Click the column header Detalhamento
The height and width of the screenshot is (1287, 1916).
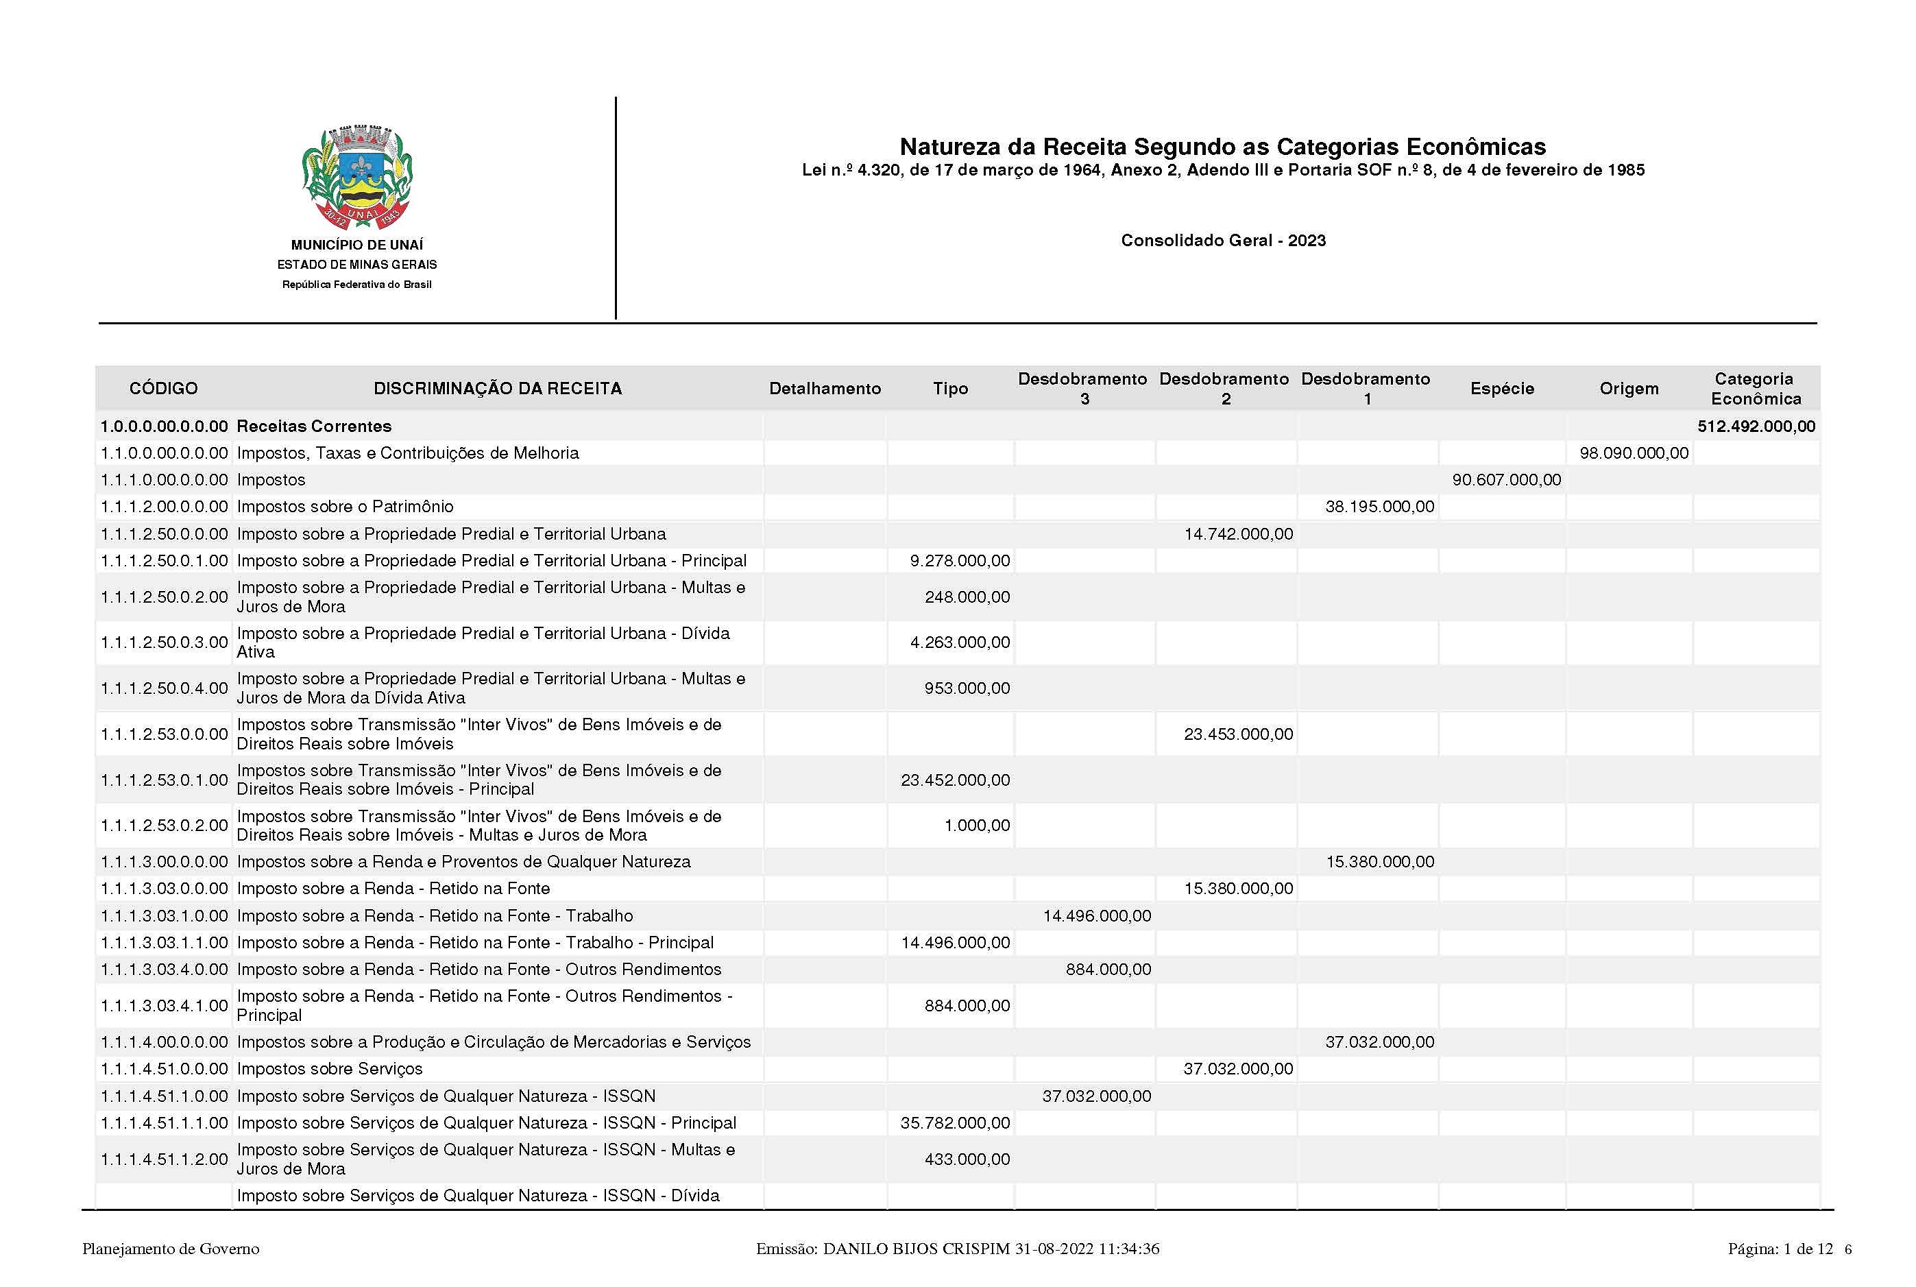click(825, 388)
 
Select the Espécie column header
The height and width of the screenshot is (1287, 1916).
click(1502, 388)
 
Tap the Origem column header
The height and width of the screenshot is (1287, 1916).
click(1629, 388)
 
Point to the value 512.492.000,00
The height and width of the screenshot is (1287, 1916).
click(1756, 426)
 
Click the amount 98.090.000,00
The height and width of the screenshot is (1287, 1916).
click(1634, 453)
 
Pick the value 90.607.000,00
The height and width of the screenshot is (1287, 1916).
click(1507, 479)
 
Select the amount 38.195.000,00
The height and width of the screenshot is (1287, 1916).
click(1379, 507)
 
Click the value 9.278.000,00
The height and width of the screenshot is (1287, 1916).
click(959, 561)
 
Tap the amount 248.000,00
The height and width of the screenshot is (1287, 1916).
click(967, 597)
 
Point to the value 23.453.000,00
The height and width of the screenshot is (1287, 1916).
click(1238, 734)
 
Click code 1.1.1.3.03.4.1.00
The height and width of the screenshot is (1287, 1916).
click(164, 1005)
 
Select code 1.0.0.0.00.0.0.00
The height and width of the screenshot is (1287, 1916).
click(164, 426)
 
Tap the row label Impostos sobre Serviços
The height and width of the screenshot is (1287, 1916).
click(330, 1069)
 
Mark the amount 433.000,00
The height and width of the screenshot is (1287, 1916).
click(967, 1159)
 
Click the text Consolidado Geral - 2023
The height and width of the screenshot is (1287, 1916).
click(1223, 241)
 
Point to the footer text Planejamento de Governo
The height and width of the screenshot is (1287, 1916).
click(171, 1249)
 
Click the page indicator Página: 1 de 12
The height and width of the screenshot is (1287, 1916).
click(1780, 1249)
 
